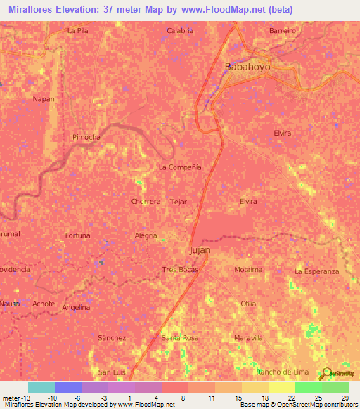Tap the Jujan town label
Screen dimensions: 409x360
(x=200, y=250)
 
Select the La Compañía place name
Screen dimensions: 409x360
(x=180, y=167)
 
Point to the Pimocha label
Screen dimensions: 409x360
(x=86, y=138)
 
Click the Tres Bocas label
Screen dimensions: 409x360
(x=180, y=270)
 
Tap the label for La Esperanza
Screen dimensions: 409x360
(x=316, y=271)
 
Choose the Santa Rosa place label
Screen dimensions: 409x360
(x=180, y=338)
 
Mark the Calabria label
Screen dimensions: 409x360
(x=180, y=31)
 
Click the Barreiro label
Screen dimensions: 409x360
(x=283, y=31)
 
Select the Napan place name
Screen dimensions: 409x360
(x=43, y=99)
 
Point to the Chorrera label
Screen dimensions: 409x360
(x=146, y=201)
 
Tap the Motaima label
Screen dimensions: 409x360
(x=248, y=270)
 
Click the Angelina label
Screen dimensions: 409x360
(x=75, y=307)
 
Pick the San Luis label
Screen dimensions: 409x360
(x=111, y=372)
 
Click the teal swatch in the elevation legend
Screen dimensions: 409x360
(x=41, y=387)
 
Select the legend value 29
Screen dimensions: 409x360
(x=345, y=398)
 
